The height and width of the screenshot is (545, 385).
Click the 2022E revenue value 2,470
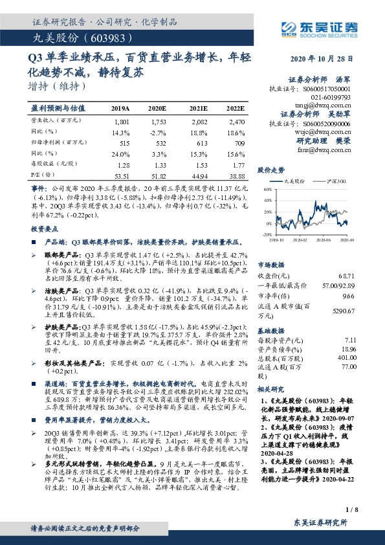(x=236, y=121)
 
